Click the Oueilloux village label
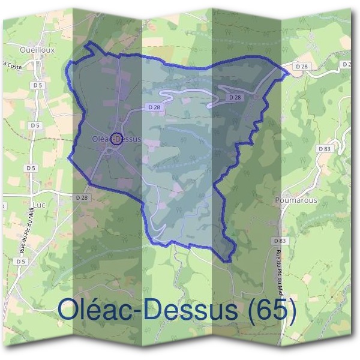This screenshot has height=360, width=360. [x=37, y=50]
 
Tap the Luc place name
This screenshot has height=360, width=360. [x=40, y=205]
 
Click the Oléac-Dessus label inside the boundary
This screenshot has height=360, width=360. [x=117, y=139]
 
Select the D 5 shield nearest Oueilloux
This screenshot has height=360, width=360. [x=38, y=85]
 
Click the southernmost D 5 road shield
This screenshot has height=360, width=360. [x=21, y=262]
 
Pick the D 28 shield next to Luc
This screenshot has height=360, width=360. [x=82, y=197]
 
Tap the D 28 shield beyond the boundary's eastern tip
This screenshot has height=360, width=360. [x=301, y=65]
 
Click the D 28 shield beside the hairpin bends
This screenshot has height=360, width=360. [x=235, y=97]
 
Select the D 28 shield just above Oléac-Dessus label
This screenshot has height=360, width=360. [x=153, y=107]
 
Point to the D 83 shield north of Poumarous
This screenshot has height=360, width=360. [x=325, y=148]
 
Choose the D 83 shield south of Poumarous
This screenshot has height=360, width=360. [x=278, y=241]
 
